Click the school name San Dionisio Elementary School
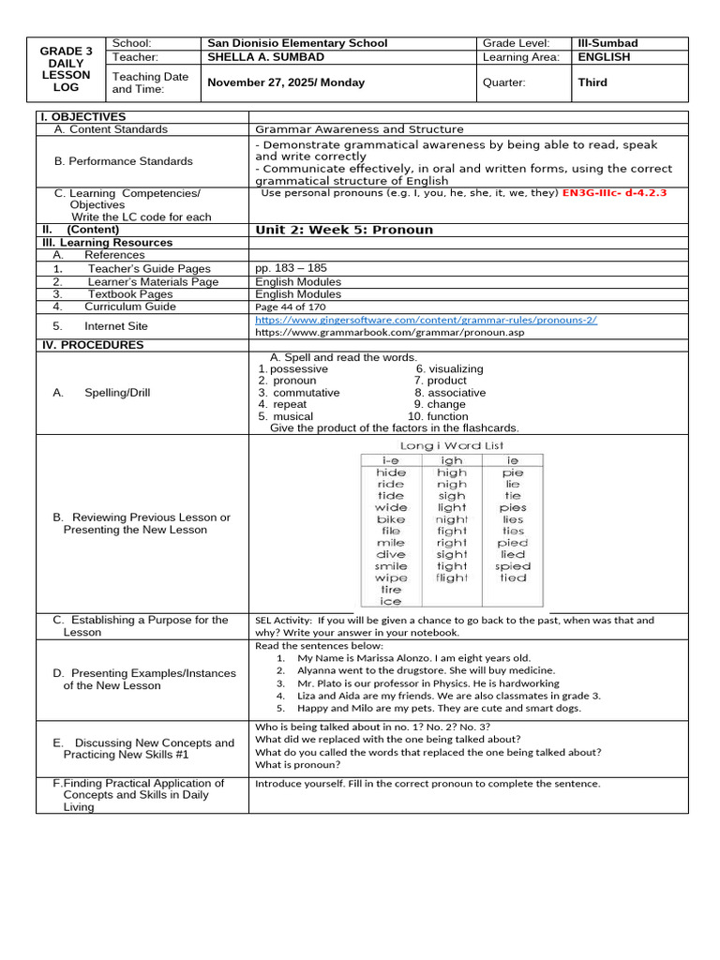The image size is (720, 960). [297, 43]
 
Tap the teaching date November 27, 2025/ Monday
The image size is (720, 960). [286, 82]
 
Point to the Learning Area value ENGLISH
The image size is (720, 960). [605, 57]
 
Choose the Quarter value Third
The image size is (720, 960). [593, 82]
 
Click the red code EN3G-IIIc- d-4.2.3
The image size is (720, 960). [614, 192]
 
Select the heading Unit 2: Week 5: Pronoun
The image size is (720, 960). [344, 230]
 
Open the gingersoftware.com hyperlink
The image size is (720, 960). [426, 320]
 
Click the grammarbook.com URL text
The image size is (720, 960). [377, 333]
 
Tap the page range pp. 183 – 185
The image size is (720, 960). [291, 268]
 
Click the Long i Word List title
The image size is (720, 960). [452, 445]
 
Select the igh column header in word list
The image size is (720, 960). [451, 460]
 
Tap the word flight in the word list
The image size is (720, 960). [451, 577]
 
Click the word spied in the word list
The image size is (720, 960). [513, 566]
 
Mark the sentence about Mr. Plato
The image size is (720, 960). [427, 683]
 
